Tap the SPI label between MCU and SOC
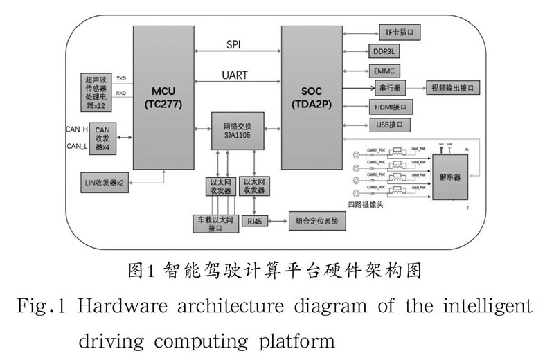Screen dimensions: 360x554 click(x=234, y=44)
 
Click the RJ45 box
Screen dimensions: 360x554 click(x=252, y=222)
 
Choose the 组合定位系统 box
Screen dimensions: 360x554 click(x=316, y=222)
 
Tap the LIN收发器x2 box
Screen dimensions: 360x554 click(x=104, y=183)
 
